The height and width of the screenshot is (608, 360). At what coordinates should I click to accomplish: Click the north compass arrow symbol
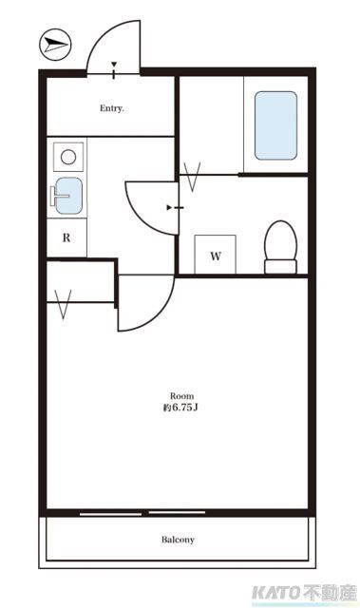tap(57, 43)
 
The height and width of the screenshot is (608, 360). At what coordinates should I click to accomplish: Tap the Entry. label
tap(112, 108)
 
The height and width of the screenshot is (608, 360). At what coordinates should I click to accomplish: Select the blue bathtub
tap(275, 125)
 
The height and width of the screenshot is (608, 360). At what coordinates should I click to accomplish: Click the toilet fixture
tap(280, 247)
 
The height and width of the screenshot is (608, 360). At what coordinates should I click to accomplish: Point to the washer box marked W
tap(216, 256)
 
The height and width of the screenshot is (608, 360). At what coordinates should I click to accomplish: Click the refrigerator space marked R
tap(66, 237)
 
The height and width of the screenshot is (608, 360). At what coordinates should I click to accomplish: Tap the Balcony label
tap(178, 540)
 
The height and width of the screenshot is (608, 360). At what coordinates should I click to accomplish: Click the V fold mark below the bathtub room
tap(195, 177)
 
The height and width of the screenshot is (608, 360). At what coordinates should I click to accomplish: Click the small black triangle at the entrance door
tap(114, 66)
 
